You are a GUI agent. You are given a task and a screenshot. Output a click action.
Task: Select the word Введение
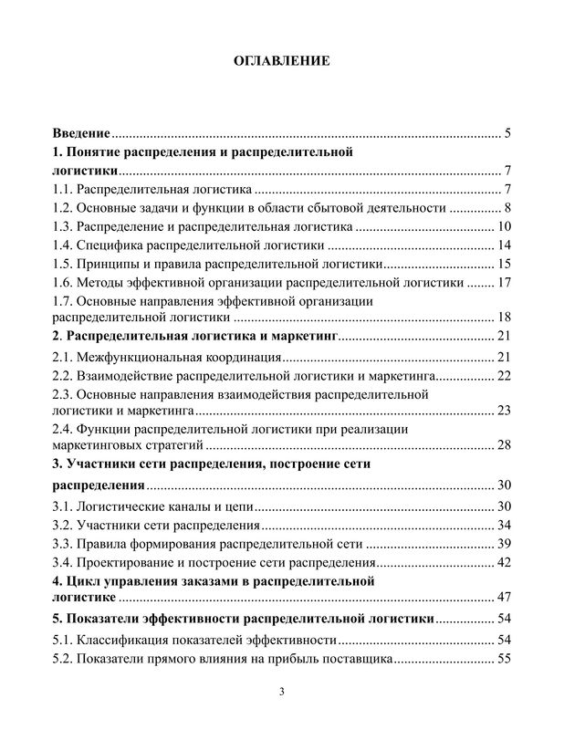81,134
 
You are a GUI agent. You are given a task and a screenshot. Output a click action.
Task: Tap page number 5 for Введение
507,134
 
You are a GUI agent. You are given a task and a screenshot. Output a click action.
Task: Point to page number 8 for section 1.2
507,208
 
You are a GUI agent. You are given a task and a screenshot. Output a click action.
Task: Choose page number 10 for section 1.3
503,226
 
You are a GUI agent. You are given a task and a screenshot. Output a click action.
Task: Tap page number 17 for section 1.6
503,282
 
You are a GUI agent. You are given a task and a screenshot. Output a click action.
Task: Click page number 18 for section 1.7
503,318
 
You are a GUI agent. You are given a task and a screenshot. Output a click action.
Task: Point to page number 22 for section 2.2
503,375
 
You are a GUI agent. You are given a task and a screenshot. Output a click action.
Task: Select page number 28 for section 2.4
503,445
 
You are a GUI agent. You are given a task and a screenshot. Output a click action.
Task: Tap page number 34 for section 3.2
503,525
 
